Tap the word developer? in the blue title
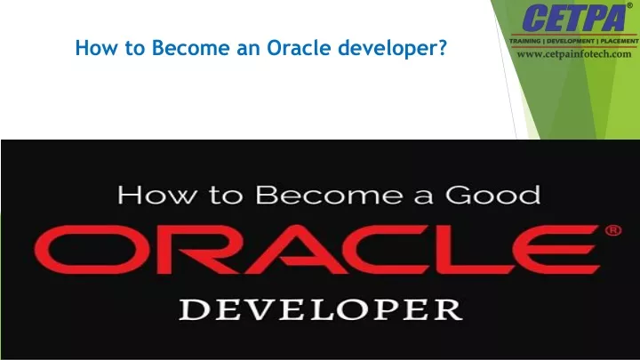[x=393, y=49]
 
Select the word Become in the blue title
[x=190, y=48]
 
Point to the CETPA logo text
[x=573, y=18]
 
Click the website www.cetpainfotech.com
[x=574, y=54]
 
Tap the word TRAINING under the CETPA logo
[x=525, y=41]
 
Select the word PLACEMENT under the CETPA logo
[x=620, y=41]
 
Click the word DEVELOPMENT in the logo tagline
[x=571, y=41]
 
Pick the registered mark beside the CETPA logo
[x=630, y=5]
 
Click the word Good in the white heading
[x=493, y=195]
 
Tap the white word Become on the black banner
[x=330, y=195]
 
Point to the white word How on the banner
[x=156, y=195]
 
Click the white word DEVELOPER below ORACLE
[x=321, y=309]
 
